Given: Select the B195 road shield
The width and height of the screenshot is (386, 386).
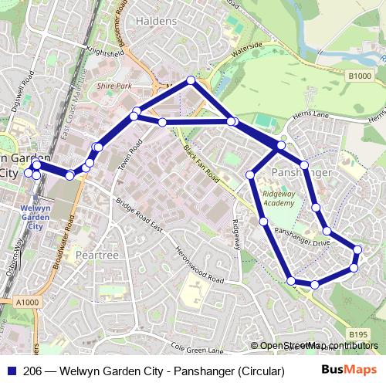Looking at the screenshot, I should pos(357,334).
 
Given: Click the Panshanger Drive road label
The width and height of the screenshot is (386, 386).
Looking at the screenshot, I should pos(302,238).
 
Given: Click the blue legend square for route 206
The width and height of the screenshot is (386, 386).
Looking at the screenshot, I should pos(12,371).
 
